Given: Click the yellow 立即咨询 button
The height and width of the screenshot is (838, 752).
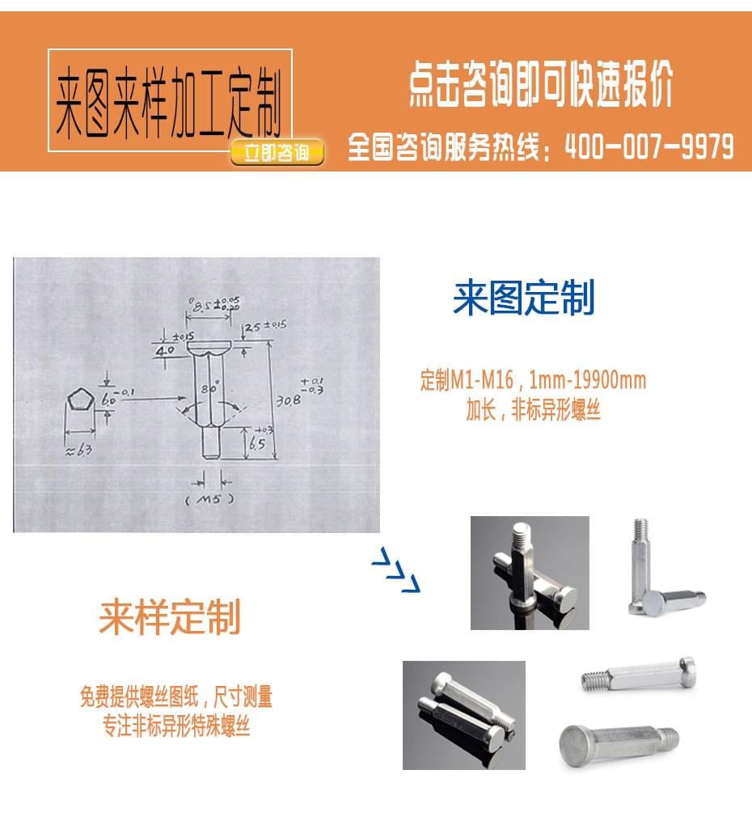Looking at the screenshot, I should tap(277, 152).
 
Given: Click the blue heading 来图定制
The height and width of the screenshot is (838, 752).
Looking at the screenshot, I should tap(523, 298).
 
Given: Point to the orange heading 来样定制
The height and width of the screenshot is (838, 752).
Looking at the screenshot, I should tap(170, 618).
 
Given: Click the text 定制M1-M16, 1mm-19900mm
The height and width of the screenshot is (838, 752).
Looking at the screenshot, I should tap(533, 380).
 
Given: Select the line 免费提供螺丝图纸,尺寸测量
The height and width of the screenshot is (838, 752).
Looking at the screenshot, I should tap(176, 696).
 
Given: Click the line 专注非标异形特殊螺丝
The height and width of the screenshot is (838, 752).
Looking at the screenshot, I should tap(176, 726).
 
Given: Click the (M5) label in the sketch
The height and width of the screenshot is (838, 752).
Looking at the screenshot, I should tap(209, 499).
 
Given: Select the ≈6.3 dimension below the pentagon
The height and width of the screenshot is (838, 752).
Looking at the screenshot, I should tap(78, 450).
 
